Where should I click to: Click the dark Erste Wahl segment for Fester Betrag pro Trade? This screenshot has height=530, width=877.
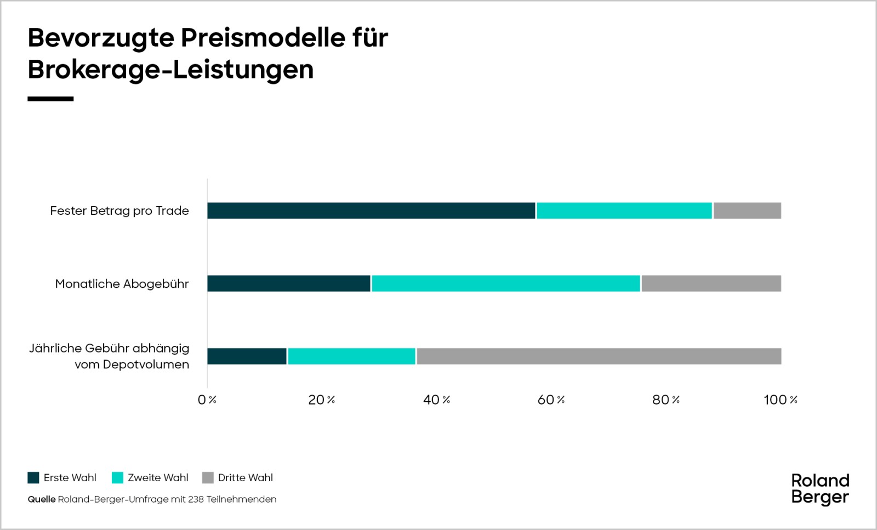coord(371,210)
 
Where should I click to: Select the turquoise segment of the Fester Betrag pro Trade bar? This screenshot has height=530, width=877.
coord(624,210)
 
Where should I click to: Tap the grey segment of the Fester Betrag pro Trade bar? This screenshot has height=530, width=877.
coord(747,210)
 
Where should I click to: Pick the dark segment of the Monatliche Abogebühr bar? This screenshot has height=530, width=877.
coord(289,283)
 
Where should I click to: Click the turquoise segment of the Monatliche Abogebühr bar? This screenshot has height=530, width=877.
coord(505,283)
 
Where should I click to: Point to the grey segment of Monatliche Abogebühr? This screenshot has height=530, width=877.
coord(711,283)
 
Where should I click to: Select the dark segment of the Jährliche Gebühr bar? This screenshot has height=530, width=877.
coord(247,356)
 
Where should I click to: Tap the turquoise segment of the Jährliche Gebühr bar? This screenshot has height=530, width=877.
coord(351,356)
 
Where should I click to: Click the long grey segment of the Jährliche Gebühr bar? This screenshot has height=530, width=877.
coord(599,356)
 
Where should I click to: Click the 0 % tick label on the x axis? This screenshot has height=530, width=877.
coord(207,400)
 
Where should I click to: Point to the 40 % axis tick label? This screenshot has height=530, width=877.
coord(436,400)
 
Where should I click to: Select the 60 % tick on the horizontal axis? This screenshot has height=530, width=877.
coord(551,400)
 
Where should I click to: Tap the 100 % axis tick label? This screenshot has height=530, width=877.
coord(781,400)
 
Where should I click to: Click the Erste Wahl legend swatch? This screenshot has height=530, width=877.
coord(33,477)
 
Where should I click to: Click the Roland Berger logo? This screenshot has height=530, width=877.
coord(820,489)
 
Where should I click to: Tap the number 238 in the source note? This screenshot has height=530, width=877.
coord(196,499)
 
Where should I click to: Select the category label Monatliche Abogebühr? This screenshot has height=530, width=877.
coord(122,284)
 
